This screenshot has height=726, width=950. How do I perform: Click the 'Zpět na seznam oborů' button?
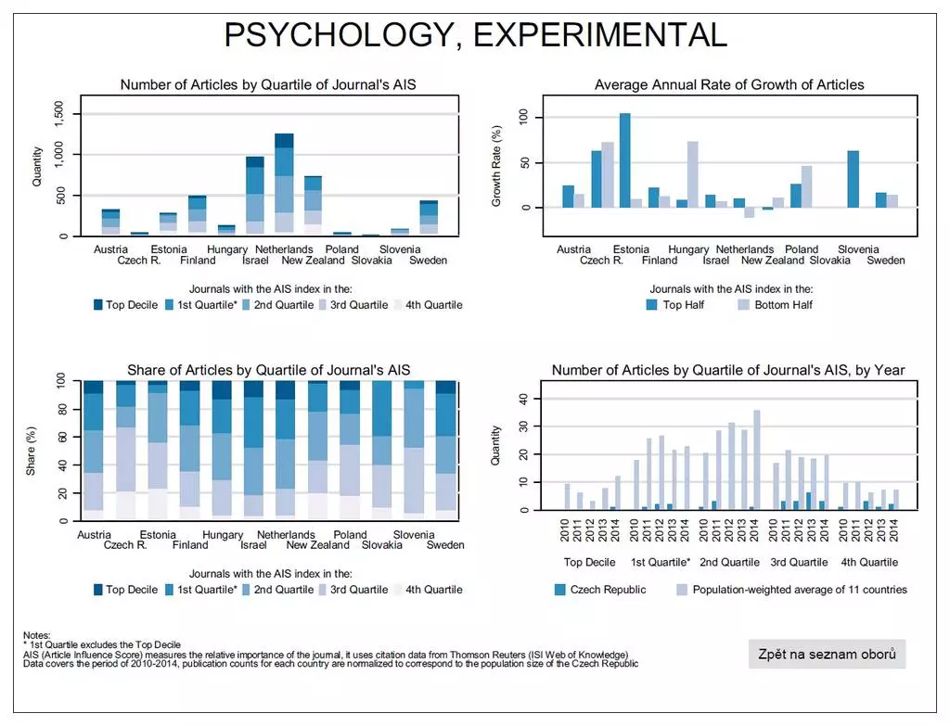tap(827, 654)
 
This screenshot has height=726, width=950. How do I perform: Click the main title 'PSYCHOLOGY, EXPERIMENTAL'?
tap(475, 34)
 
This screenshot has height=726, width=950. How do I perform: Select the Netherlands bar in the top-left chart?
tap(284, 185)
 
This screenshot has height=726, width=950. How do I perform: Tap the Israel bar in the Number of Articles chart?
tap(255, 197)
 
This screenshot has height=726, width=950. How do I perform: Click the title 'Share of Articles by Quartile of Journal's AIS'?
tap(268, 370)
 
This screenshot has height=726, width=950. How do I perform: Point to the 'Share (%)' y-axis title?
tap(31, 452)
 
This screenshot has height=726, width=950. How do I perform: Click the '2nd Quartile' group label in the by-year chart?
tap(729, 562)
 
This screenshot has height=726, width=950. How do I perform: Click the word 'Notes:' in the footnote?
tap(37, 635)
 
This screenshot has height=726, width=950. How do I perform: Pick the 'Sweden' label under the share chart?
tap(445, 545)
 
